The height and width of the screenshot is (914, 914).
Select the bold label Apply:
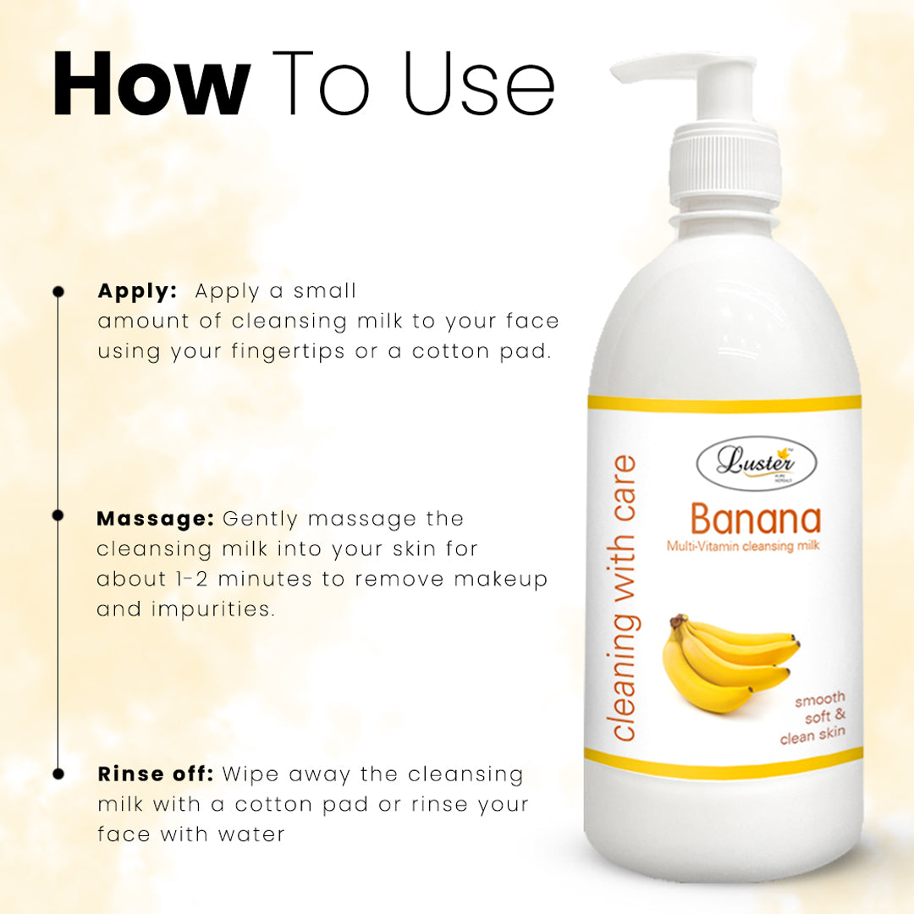click(x=137, y=291)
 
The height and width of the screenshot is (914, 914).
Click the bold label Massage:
click(x=156, y=518)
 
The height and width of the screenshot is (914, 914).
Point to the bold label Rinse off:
click(x=156, y=774)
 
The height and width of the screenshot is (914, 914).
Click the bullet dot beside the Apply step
click(x=58, y=291)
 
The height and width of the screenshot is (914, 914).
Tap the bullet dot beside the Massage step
click(x=58, y=515)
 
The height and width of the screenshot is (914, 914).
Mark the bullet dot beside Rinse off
click(x=58, y=774)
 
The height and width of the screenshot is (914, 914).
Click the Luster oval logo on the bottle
click(x=757, y=464)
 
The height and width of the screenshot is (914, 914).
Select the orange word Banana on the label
click(x=756, y=519)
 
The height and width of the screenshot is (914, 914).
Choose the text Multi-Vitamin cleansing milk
click(x=743, y=546)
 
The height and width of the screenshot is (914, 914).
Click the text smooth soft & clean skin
click(x=813, y=718)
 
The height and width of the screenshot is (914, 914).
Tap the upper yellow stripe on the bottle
click(x=724, y=403)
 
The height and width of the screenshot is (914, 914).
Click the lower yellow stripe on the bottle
click(x=724, y=756)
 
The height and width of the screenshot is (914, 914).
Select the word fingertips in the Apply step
click(x=288, y=351)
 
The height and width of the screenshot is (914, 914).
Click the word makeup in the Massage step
click(x=501, y=580)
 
